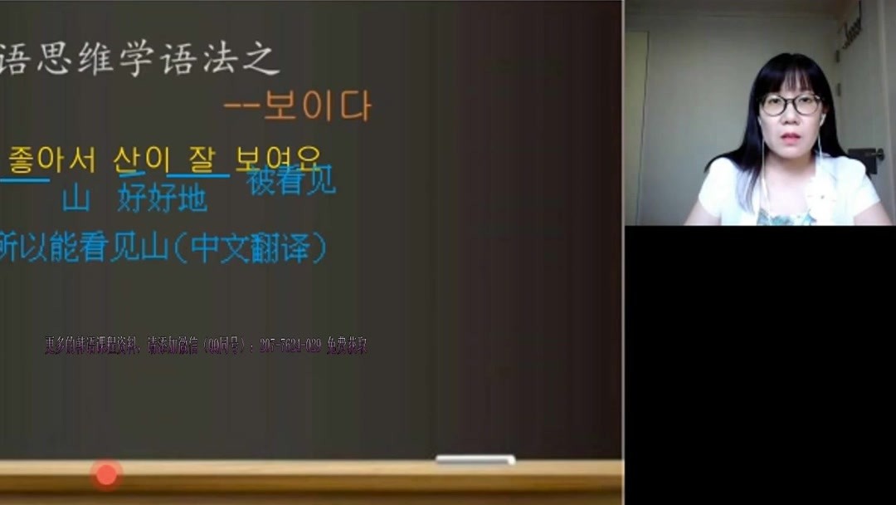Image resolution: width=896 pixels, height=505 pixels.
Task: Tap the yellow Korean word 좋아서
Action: (51, 159)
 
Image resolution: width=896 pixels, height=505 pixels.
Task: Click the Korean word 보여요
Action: (277, 158)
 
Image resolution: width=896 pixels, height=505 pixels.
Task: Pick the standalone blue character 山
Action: (76, 199)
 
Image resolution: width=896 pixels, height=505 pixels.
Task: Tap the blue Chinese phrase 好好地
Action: (163, 199)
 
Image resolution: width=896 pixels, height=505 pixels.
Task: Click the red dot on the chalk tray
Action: (106, 474)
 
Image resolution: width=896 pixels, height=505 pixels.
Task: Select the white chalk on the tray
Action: (475, 459)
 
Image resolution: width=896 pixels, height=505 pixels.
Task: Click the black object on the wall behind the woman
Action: (868, 158)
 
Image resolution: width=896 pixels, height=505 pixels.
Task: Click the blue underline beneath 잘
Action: (198, 175)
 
